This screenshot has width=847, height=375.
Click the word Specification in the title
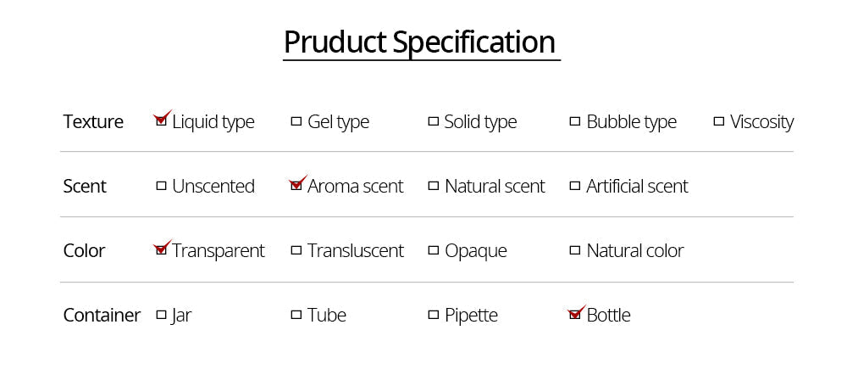click(x=474, y=42)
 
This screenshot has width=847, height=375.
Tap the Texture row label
click(x=93, y=122)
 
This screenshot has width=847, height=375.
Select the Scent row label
click(x=85, y=186)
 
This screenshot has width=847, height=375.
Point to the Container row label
click(x=102, y=315)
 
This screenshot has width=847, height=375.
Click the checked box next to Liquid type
click(x=161, y=121)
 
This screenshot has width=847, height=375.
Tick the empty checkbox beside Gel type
click(x=296, y=121)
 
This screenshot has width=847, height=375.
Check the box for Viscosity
click(x=718, y=121)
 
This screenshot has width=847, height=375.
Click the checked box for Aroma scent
click(x=296, y=186)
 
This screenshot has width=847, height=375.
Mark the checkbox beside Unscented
click(x=161, y=186)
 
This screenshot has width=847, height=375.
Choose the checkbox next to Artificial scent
click(x=575, y=186)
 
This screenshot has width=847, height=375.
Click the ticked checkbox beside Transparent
click(x=161, y=250)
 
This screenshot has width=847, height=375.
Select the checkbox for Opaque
click(x=433, y=250)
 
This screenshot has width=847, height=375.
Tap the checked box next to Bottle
click(x=575, y=315)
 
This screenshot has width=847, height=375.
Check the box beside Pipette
click(x=433, y=315)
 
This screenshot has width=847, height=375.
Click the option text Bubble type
click(x=632, y=122)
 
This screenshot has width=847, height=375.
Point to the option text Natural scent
click(x=495, y=186)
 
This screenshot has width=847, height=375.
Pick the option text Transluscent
click(x=356, y=250)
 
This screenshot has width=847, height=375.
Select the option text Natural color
click(x=635, y=250)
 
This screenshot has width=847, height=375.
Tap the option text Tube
click(x=327, y=315)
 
